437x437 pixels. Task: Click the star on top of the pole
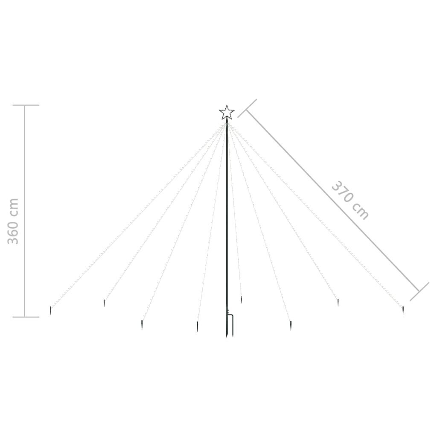[227, 113]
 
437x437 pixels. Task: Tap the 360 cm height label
[13, 221]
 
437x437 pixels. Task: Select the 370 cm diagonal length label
[350, 200]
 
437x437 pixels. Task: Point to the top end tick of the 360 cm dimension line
[26, 105]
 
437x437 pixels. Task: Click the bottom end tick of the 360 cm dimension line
[26, 317]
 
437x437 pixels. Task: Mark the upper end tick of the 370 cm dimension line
[247, 108]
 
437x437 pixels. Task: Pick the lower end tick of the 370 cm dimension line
[419, 291]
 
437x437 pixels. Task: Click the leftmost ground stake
[51, 311]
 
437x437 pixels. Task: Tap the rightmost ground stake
[403, 311]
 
